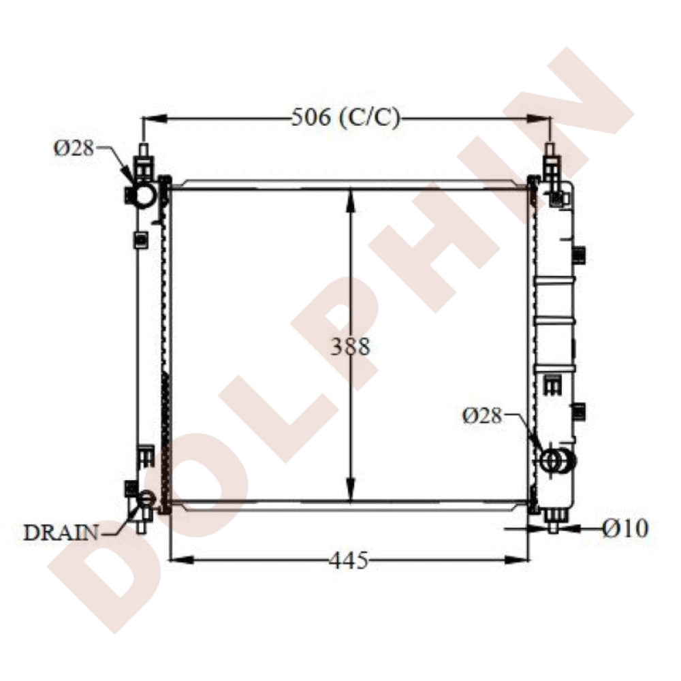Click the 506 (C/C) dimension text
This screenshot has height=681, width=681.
(x=345, y=117)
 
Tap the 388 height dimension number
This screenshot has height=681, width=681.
(x=350, y=347)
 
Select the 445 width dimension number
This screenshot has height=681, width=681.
(x=348, y=560)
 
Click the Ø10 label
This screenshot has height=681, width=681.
(x=625, y=528)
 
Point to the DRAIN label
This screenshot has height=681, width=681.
(x=61, y=533)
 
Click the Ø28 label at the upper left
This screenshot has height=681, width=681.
(x=74, y=148)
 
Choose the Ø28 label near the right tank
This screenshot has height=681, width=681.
(x=482, y=416)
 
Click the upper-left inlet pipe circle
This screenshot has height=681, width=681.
(x=144, y=195)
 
